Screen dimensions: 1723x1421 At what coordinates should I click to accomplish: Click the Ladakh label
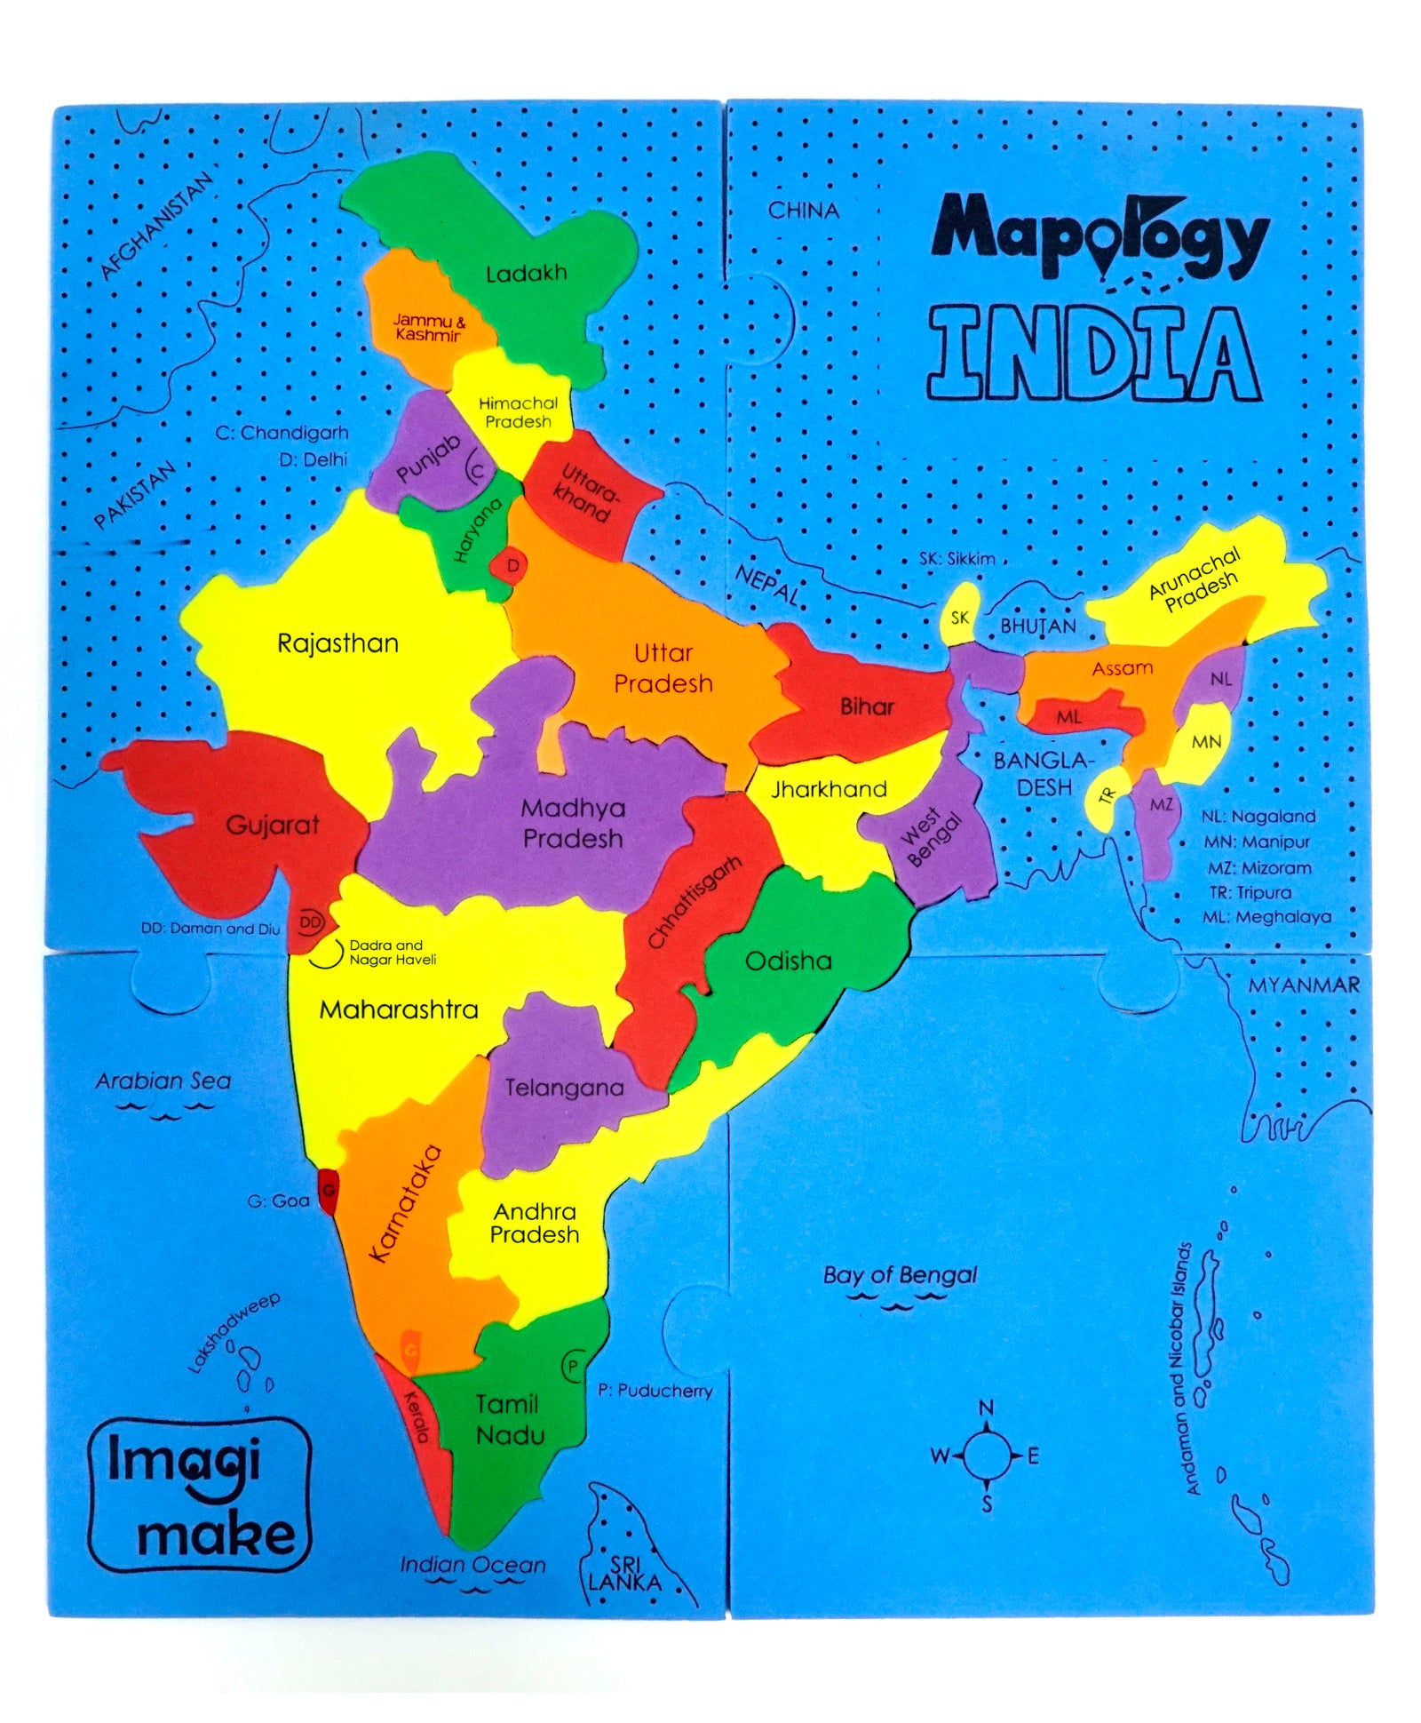point(526,273)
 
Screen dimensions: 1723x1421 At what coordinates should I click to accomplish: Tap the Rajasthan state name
point(337,642)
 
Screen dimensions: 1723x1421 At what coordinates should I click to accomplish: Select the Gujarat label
point(272,825)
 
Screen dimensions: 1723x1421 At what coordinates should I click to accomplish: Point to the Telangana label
point(564,1088)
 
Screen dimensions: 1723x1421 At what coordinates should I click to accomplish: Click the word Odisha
point(788,961)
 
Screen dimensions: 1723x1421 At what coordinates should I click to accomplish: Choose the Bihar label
point(867,706)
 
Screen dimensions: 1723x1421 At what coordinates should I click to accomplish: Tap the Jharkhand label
point(829,789)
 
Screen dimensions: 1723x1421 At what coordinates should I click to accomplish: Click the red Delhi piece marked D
point(512,565)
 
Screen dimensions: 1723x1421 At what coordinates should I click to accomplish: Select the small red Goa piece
point(328,1191)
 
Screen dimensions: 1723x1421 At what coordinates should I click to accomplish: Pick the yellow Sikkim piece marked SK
point(960,616)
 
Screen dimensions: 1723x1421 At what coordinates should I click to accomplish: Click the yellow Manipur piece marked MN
point(1205,741)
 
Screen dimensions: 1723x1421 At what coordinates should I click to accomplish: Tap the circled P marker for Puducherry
point(573,1366)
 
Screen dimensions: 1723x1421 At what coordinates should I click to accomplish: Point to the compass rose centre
point(986,1455)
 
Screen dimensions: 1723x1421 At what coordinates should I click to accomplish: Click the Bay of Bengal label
point(899,1276)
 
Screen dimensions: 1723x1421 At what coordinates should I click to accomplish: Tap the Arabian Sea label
point(163,1081)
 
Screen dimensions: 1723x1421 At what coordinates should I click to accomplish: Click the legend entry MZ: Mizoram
point(1258,867)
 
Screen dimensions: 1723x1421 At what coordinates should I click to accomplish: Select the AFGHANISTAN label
point(157,226)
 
